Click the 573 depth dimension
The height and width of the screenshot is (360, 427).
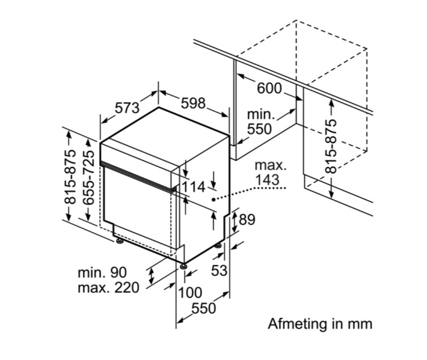coord(127,108)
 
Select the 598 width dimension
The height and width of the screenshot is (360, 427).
coord(193,103)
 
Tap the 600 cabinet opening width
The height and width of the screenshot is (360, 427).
coord(269,88)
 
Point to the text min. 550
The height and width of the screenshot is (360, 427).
coord(259,121)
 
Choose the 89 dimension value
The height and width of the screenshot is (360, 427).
coord(247,220)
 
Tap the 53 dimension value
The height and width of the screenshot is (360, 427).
coord(220,270)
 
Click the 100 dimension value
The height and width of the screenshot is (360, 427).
coord(190,294)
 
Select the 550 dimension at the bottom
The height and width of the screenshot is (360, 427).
coord(203,309)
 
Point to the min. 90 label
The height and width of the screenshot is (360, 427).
coord(102,272)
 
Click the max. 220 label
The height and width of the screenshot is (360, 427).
coord(108,287)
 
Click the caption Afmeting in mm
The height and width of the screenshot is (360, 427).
coord(320,324)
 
